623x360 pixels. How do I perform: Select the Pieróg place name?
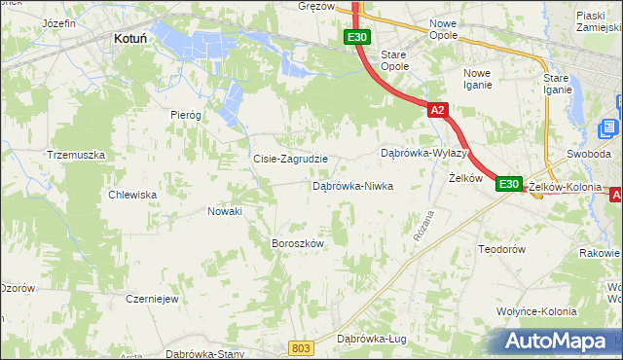pyautogui.click(x=185, y=114)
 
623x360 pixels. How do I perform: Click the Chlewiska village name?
pyautogui.click(x=133, y=195)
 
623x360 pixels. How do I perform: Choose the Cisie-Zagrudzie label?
pyautogui.click(x=290, y=159)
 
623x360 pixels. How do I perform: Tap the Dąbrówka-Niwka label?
pyautogui.click(x=352, y=185)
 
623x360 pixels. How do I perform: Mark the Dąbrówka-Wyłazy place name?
pyautogui.click(x=424, y=154)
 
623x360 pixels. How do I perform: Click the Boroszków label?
pyautogui.click(x=297, y=243)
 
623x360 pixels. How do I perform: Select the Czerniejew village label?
pyautogui.click(x=152, y=299)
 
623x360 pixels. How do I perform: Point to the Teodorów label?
pyautogui.click(x=502, y=249)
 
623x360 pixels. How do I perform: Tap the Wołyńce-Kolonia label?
pyautogui.click(x=536, y=311)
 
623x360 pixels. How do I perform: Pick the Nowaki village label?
pyautogui.click(x=224, y=210)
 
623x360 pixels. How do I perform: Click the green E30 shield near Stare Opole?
pyautogui.click(x=356, y=37)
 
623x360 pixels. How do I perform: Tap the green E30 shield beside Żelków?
pyautogui.click(x=509, y=183)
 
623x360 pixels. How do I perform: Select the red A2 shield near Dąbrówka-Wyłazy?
pyautogui.click(x=437, y=111)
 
